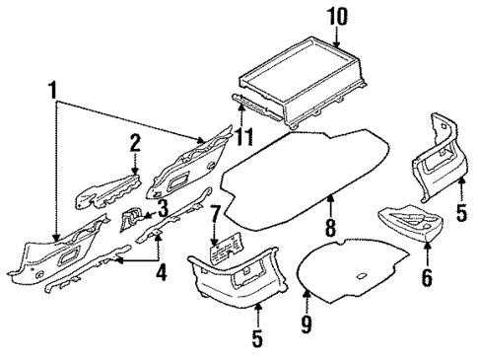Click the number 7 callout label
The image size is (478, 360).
214,214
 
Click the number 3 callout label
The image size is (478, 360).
162,208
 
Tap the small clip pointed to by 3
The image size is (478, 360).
129,219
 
